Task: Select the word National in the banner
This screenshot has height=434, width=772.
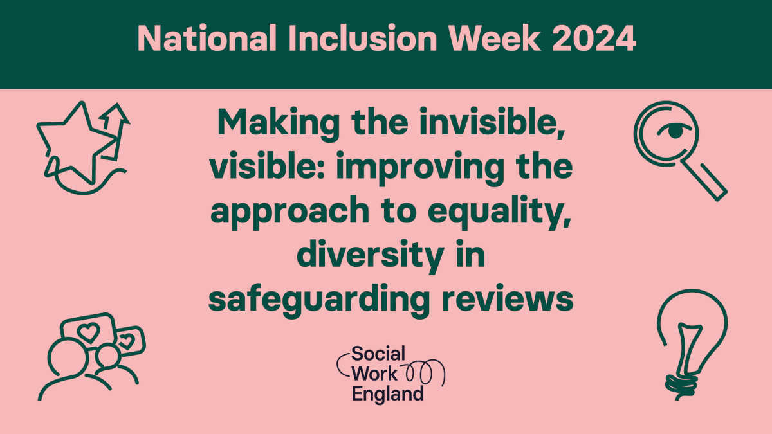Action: [206, 39]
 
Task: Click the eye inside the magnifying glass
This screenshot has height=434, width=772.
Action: [673, 131]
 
